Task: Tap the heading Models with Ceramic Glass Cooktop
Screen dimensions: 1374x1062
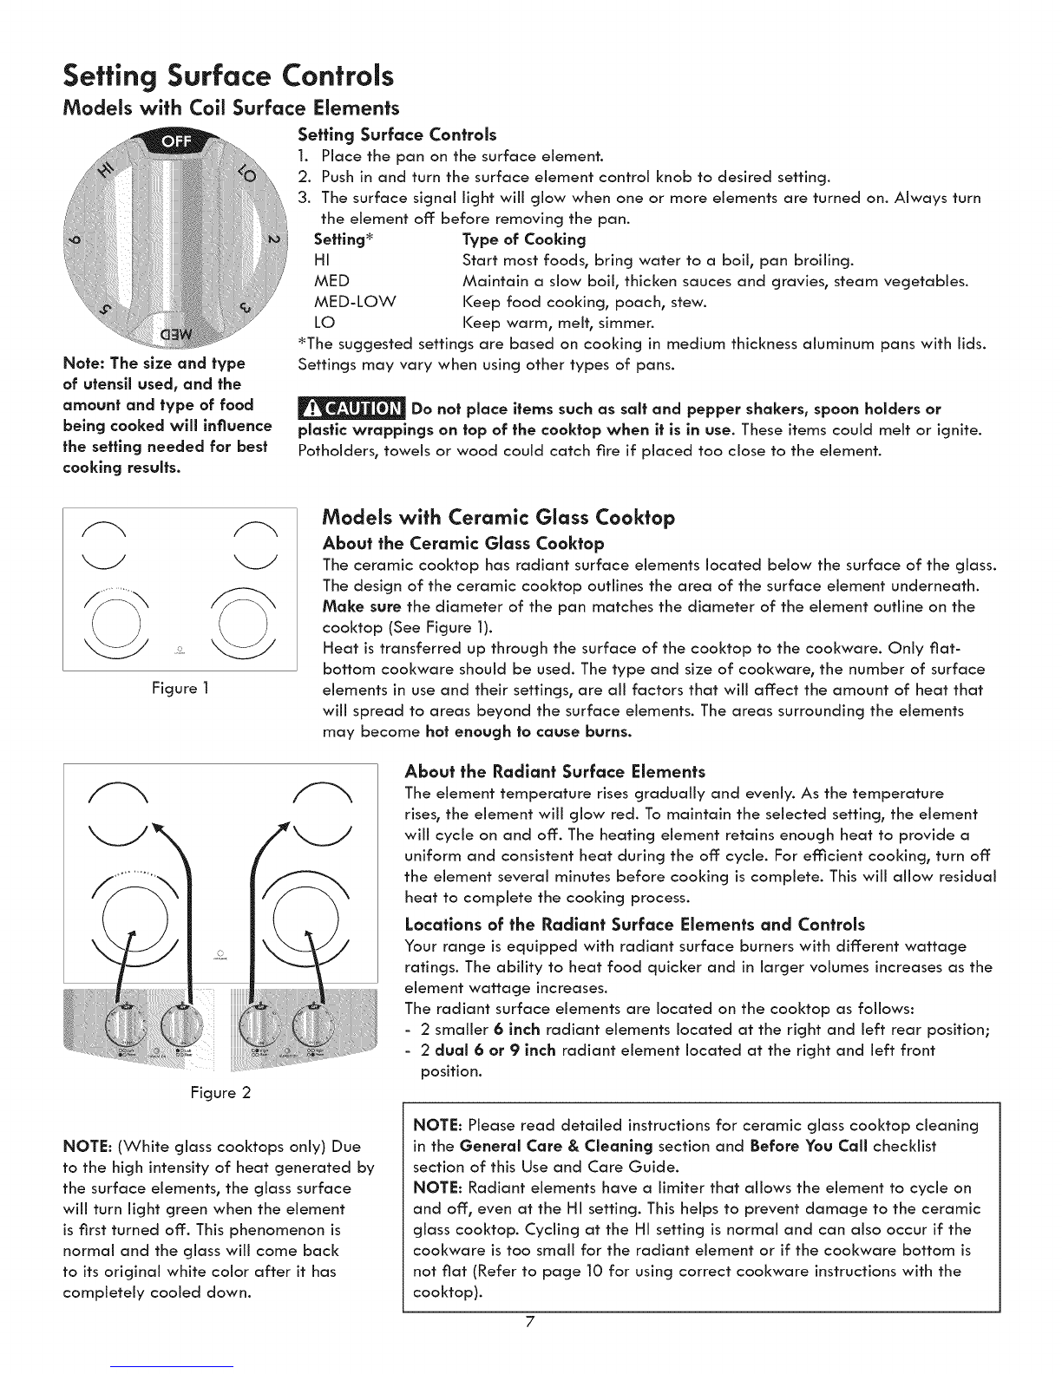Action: [498, 518]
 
